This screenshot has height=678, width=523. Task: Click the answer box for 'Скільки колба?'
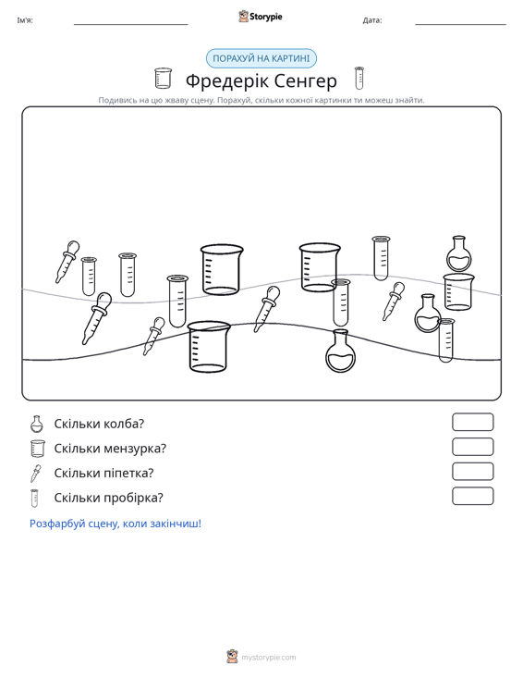tap(472, 422)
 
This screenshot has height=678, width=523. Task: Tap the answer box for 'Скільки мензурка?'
tap(472, 447)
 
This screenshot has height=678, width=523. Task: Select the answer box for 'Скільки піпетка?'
tap(472, 472)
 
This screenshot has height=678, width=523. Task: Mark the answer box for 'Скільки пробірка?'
tap(472, 496)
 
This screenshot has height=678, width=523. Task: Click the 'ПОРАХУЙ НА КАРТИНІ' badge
tap(261, 58)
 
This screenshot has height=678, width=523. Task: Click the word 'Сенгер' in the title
tap(305, 80)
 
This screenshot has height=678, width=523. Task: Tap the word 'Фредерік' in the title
tap(225, 81)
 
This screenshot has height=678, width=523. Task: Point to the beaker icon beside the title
tap(163, 79)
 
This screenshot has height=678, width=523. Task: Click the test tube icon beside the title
tap(359, 78)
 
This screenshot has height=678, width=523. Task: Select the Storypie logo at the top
tap(261, 17)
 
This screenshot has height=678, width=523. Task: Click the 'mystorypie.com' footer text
tap(268, 658)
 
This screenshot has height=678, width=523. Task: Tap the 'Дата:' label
tap(372, 20)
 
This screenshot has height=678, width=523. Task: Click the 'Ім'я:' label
tap(25, 20)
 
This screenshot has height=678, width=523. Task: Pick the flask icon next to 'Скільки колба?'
tap(37, 424)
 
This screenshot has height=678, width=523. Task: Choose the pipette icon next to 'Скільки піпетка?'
tap(35, 474)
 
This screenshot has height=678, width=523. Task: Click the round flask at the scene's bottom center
tap(340, 351)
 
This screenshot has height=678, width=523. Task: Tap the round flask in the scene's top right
tap(458, 253)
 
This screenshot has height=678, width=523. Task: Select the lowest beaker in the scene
tap(209, 346)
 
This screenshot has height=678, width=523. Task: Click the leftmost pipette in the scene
tap(67, 262)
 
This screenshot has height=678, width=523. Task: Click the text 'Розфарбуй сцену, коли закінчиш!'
tap(116, 524)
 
